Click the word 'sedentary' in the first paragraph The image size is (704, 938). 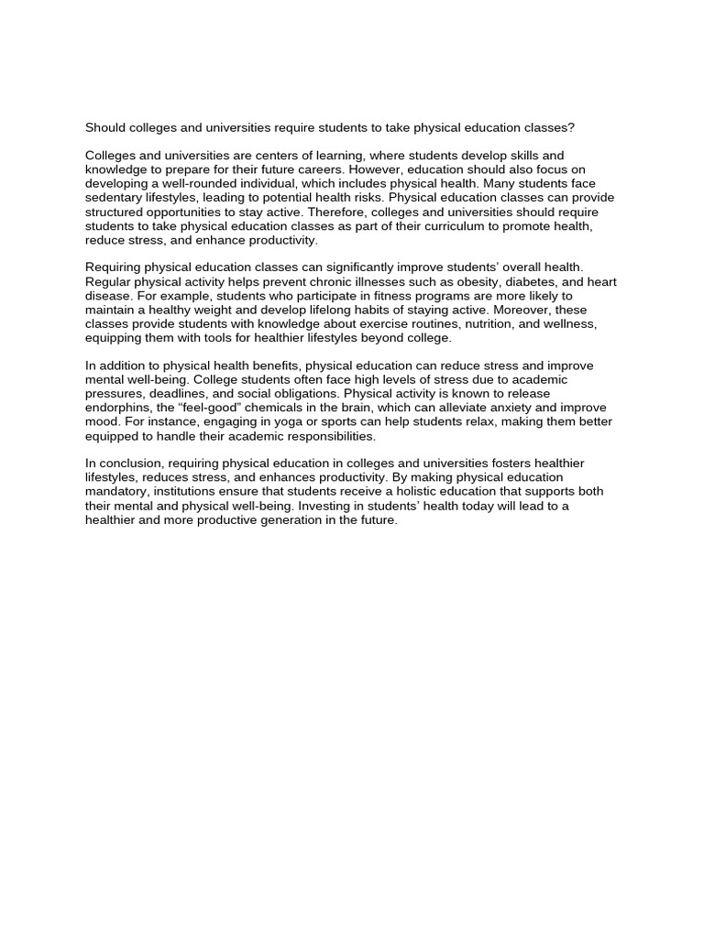tap(114, 198)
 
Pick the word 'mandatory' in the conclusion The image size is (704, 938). tap(115, 492)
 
